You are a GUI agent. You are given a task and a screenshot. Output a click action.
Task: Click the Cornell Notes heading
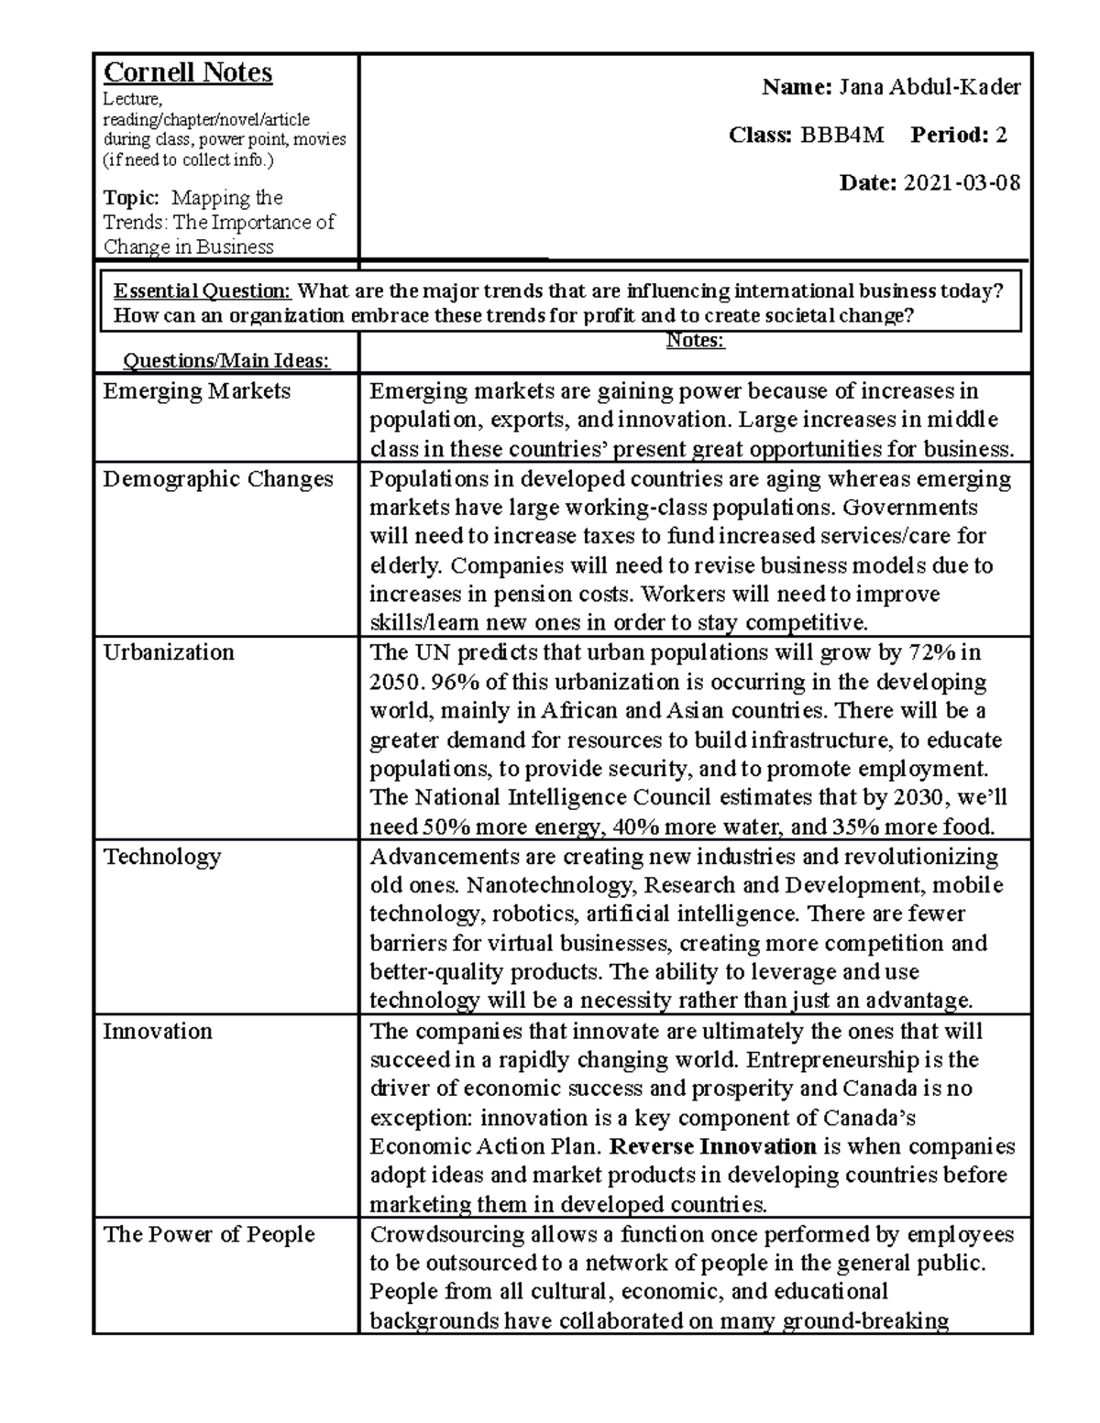click(x=187, y=72)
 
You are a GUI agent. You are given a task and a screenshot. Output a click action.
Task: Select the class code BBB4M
click(x=842, y=136)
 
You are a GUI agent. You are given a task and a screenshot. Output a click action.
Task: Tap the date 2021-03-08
click(x=962, y=183)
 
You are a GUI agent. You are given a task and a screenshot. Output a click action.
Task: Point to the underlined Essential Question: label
click(x=202, y=291)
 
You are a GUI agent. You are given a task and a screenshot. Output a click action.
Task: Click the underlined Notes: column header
click(x=695, y=341)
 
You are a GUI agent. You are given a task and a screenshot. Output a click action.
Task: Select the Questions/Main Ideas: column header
click(x=226, y=361)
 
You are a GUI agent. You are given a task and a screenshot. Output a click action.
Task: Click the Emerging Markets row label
click(x=196, y=391)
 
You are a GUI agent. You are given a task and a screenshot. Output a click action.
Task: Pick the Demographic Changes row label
click(x=217, y=479)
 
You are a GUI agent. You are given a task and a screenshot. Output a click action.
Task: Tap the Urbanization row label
click(x=169, y=652)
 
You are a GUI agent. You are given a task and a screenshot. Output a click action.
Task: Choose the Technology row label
click(x=162, y=857)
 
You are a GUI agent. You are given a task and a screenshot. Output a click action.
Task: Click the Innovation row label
click(x=158, y=1032)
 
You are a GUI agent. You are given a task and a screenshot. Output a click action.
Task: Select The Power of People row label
click(x=209, y=1235)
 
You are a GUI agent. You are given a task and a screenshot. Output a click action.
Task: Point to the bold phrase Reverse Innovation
click(x=712, y=1147)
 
